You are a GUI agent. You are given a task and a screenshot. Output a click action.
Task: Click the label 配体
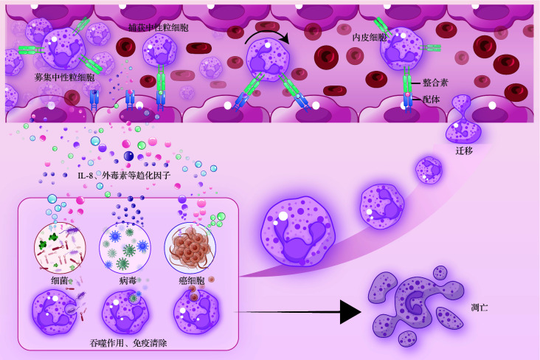click(x=432, y=100)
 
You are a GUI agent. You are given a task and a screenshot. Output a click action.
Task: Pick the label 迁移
click(x=465, y=150)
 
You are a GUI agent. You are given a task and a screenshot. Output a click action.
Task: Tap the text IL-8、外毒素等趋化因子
click(x=123, y=176)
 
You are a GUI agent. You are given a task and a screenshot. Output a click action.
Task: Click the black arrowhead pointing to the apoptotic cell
click(x=350, y=311)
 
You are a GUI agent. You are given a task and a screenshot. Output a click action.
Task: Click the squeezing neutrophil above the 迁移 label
click(x=463, y=121)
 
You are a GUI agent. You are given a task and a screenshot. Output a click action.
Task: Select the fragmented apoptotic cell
click(x=417, y=303)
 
